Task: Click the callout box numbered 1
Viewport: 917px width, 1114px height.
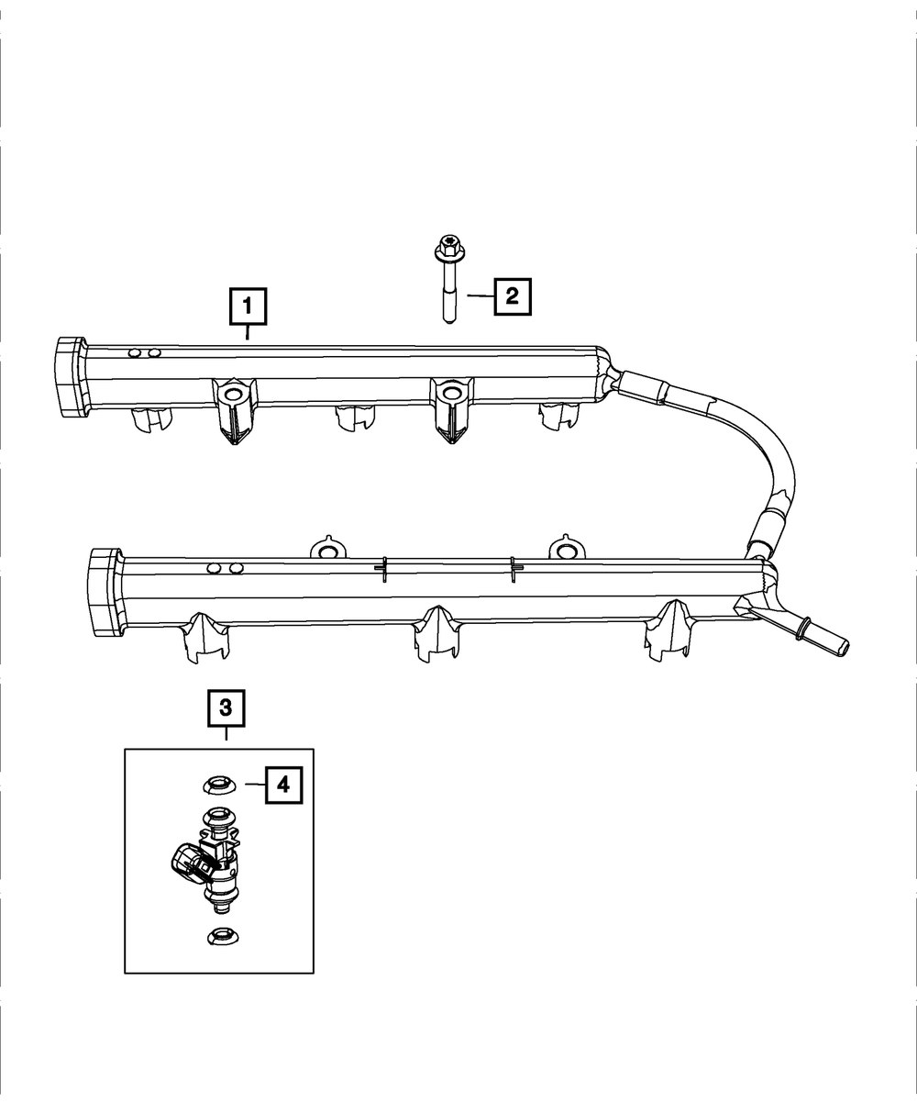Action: tap(248, 307)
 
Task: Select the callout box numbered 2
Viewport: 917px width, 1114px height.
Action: tap(513, 295)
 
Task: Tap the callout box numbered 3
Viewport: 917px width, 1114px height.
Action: tap(226, 708)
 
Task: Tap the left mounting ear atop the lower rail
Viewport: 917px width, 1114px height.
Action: tap(326, 549)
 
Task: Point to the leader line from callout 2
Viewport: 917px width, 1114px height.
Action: tap(480, 295)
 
